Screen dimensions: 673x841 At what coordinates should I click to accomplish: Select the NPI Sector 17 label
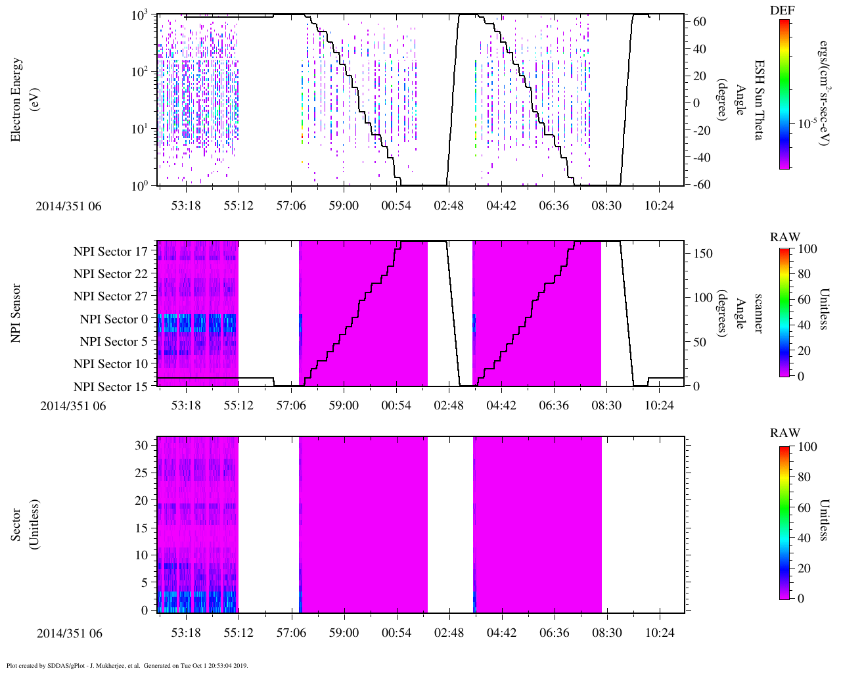(110, 251)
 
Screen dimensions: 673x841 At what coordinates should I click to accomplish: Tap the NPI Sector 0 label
(114, 319)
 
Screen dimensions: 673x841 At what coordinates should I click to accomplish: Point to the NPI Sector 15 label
(110, 386)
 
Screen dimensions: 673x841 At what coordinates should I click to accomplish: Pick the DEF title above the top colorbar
(782, 11)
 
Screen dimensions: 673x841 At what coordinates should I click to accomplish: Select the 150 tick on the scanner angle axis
(703, 253)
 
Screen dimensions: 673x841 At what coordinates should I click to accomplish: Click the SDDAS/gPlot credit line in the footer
(127, 665)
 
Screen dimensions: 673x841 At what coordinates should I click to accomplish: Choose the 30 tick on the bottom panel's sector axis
(141, 445)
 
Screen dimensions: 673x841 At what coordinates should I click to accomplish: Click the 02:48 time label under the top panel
(448, 206)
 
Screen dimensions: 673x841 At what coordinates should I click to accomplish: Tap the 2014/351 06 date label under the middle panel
(73, 406)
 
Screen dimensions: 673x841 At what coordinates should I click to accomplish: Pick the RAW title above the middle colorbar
(785, 237)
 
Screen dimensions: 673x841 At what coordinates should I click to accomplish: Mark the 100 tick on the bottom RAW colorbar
(807, 447)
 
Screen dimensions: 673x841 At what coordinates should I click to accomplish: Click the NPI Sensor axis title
(16, 313)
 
